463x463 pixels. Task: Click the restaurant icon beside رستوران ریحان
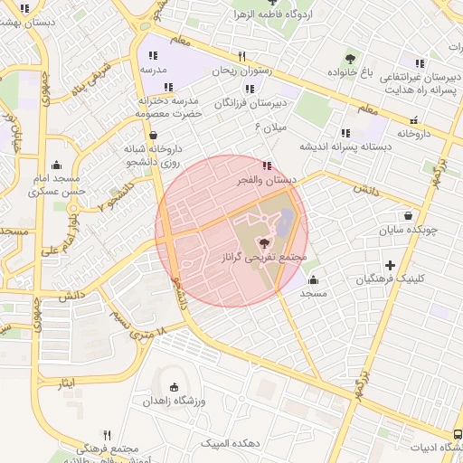(241, 56)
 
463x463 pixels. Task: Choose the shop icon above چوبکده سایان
(411, 216)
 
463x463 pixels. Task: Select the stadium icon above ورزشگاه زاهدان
(175, 387)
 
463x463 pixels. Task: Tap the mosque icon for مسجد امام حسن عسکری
(58, 165)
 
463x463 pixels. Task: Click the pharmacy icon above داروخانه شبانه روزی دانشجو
(154, 135)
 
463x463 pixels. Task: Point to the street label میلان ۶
(270, 126)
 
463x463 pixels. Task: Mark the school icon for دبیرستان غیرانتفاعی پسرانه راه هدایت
(420, 63)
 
